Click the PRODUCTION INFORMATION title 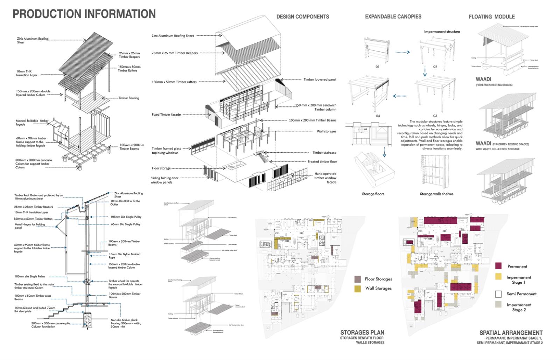[84, 14]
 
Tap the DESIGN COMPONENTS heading [302, 16]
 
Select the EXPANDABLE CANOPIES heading [393, 16]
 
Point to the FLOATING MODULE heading [491, 16]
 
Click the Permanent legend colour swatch [498, 266]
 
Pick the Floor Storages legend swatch [357, 279]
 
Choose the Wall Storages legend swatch [357, 289]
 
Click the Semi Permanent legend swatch [498, 294]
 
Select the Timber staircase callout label [324, 153]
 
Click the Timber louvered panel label [320, 79]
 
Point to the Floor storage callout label [161, 168]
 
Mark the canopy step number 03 [435, 116]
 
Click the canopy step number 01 [377, 67]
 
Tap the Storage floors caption [373, 194]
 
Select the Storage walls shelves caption [436, 194]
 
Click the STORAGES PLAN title [362, 333]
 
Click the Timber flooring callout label [128, 98]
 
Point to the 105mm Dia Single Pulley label [126, 217]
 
